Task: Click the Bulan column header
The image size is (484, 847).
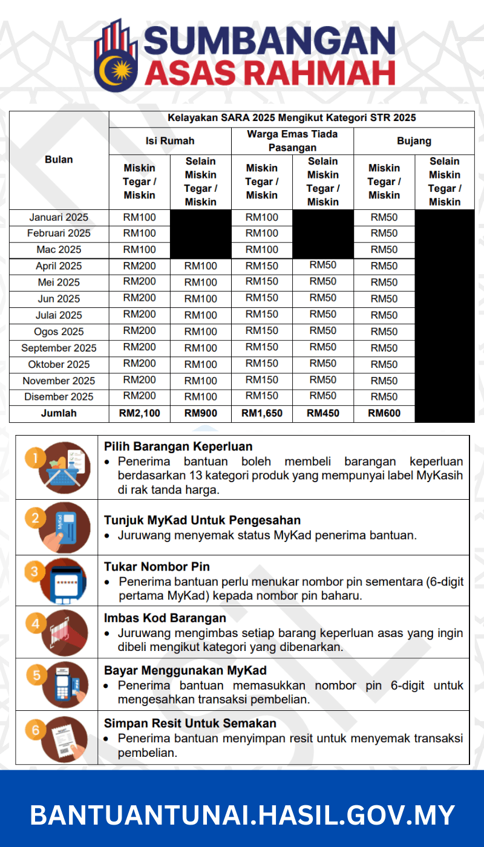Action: [x=59, y=160]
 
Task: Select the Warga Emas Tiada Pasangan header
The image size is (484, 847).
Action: [x=292, y=140]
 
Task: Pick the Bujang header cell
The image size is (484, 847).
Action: [x=414, y=141]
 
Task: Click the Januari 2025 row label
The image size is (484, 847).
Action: [x=59, y=217]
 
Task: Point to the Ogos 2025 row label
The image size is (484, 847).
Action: [x=59, y=332]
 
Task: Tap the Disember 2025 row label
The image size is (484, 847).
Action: [x=59, y=397]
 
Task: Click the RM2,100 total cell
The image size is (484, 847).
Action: [x=139, y=414]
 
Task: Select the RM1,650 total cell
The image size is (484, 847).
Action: [x=261, y=414]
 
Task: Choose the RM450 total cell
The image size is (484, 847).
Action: [x=322, y=414]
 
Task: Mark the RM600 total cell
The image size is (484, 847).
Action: [x=384, y=414]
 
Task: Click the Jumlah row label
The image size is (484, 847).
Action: [x=59, y=414]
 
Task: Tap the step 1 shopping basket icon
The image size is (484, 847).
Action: [x=59, y=466]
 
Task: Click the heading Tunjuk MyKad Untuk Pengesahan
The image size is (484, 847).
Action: [x=202, y=520]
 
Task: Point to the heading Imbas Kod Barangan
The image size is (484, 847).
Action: [x=165, y=618]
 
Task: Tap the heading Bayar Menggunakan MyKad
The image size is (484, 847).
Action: [x=185, y=670]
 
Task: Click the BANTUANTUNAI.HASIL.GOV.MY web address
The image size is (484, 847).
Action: [x=242, y=814]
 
